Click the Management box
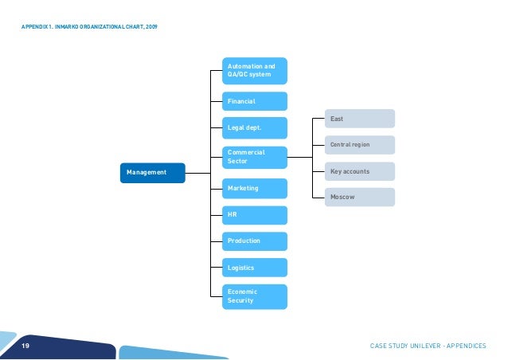coord(152,173)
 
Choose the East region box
coord(359,119)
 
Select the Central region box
coord(359,145)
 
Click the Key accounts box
coord(359,171)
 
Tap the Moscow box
coord(359,197)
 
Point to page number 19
coord(25,346)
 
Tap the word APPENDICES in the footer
coord(469,346)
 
